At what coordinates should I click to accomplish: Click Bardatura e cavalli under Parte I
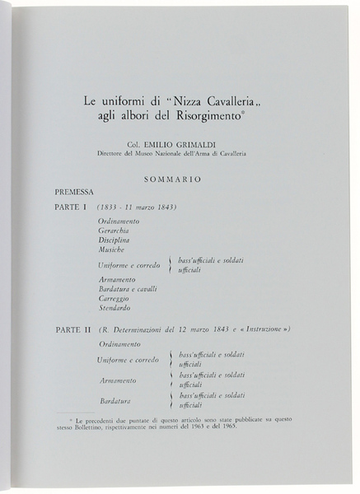coord(127,289)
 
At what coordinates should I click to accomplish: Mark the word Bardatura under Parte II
coord(116,400)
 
